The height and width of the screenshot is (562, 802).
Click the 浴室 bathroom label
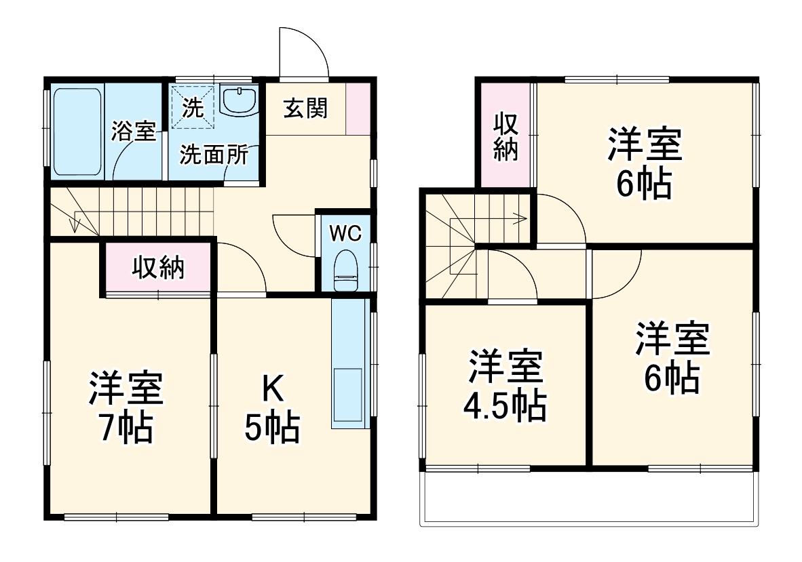tap(134, 131)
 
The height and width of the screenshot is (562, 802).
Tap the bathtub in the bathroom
tap(77, 130)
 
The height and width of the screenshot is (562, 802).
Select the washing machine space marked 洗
tap(193, 107)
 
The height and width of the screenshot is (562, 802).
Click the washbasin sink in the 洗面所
tap(238, 102)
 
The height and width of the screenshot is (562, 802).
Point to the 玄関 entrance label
tap(305, 108)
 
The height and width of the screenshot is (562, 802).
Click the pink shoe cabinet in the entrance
tap(358, 108)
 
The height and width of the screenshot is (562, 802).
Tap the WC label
tap(345, 233)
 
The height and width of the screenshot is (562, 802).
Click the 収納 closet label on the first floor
tap(158, 268)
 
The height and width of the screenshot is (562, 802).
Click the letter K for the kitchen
tap(273, 389)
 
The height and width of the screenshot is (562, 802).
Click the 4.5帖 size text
tap(504, 405)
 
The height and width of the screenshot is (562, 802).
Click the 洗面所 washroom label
tap(213, 155)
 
